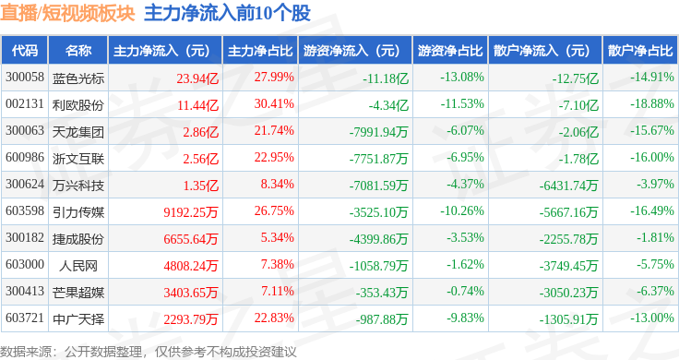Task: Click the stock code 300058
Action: tap(25, 78)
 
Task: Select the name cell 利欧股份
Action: tap(78, 105)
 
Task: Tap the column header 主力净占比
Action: tap(260, 51)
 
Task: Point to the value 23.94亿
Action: tap(197, 78)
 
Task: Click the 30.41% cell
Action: tap(274, 104)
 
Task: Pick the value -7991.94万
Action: tap(379, 132)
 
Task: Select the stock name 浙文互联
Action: tap(78, 159)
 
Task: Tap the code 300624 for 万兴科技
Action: tap(25, 184)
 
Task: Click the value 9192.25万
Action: tap(191, 212)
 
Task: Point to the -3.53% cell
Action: tap(465, 238)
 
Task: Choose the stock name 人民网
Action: tap(78, 266)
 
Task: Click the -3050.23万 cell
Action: tap(568, 293)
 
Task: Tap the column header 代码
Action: tap(25, 51)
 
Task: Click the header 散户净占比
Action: tap(640, 51)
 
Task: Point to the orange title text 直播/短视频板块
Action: tap(67, 13)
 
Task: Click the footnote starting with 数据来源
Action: tap(149, 352)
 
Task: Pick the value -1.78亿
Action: tap(578, 159)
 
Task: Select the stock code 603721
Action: tap(25, 318)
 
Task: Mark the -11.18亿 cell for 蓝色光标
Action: tap(386, 78)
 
